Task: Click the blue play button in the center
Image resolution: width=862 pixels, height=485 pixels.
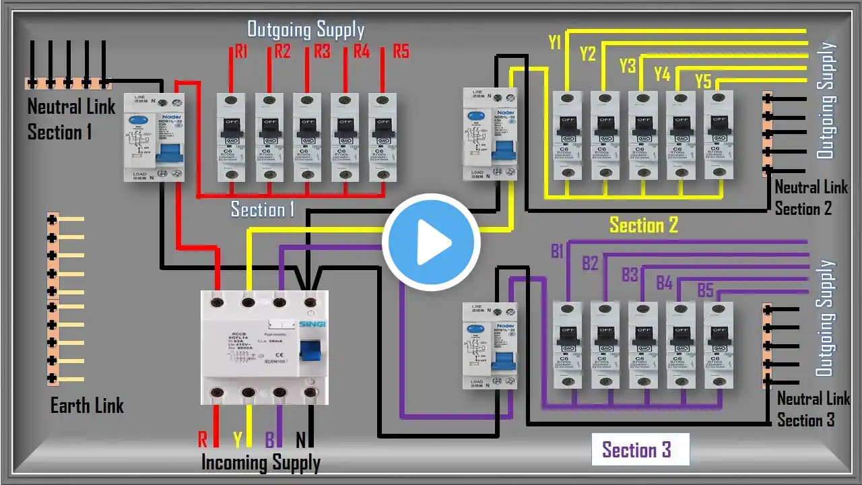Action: pos(431,242)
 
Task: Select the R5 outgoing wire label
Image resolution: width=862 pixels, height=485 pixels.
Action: pos(401,51)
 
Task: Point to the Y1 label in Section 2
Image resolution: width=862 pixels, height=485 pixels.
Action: pos(555,43)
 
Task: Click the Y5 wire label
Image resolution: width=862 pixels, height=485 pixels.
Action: pos(703,82)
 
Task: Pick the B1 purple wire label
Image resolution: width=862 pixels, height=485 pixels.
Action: pos(557,252)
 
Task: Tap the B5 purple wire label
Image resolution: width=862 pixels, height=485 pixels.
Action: pos(705,291)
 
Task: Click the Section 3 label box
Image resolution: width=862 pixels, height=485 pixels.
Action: pos(636,450)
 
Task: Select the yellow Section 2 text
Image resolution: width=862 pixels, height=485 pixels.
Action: pos(643,225)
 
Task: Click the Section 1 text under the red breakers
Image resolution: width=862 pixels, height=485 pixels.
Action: pos(263,209)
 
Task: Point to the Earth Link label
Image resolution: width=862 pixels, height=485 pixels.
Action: pos(88,406)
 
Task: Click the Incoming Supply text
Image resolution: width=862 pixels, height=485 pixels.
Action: pos(261,463)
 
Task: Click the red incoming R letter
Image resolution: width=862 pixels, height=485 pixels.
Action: pos(202,440)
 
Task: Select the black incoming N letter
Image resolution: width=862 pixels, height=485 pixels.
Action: pos(301,440)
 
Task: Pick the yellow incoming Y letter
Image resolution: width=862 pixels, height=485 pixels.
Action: pos(237,440)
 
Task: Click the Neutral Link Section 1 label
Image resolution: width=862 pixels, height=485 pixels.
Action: pos(71,119)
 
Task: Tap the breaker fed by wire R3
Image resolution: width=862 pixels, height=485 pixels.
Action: pos(306,137)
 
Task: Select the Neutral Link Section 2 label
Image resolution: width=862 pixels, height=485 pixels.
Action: pos(811,198)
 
